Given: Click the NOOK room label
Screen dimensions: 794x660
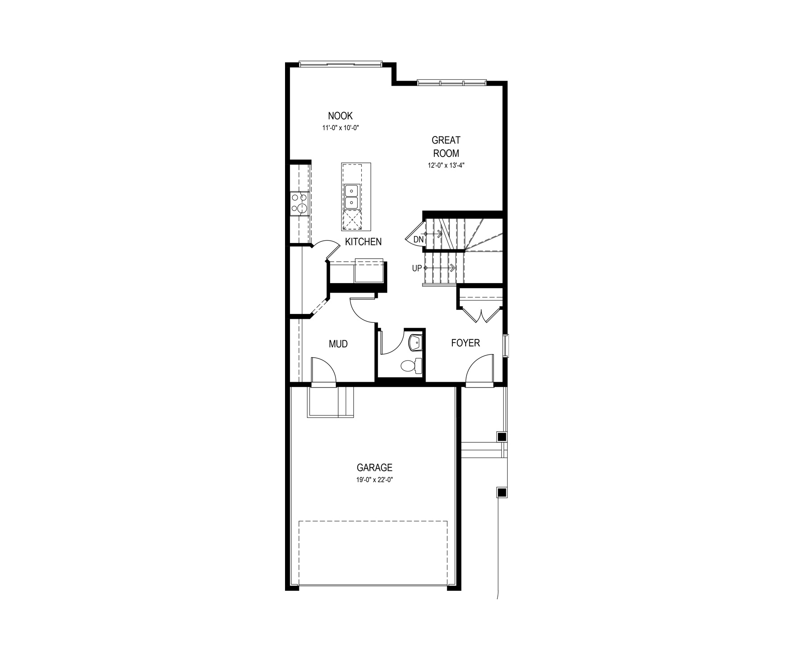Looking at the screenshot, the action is (x=340, y=116).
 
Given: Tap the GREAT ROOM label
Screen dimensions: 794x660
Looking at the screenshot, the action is (x=446, y=147).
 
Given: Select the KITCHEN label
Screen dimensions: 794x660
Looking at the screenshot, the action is (x=364, y=242).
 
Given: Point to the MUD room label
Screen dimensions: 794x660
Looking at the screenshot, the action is (x=338, y=344).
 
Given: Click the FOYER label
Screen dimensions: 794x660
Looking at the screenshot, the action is (x=466, y=343).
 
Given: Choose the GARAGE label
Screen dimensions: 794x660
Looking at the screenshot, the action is (x=375, y=467).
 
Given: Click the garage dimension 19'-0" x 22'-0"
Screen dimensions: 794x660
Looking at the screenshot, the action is (x=374, y=480).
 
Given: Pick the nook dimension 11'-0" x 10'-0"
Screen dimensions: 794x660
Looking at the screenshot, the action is (x=341, y=128).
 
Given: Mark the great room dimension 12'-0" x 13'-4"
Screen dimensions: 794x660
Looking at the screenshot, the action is (x=447, y=165).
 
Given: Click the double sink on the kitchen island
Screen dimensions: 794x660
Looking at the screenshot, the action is (x=352, y=197).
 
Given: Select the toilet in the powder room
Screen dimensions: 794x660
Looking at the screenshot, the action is (x=411, y=366).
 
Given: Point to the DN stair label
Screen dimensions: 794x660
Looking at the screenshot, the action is (x=418, y=239).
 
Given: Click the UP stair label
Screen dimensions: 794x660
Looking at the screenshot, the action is (x=417, y=268).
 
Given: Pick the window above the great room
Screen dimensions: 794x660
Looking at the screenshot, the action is (x=451, y=82).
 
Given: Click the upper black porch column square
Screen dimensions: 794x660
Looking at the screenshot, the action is (x=502, y=437).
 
